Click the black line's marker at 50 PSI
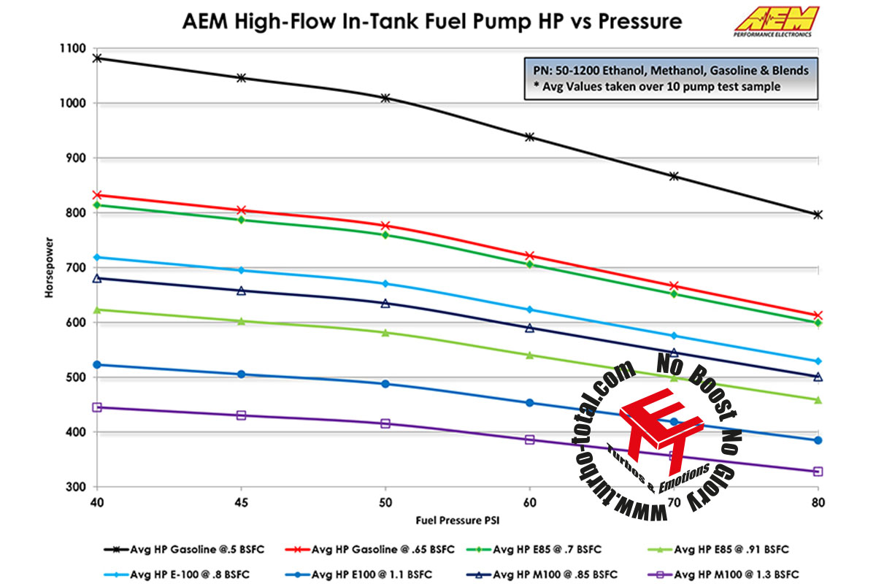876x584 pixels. tap(385, 98)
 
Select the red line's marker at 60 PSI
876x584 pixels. tap(530, 255)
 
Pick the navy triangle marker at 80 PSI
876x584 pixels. tap(818, 377)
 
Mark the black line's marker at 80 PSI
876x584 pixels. tap(818, 215)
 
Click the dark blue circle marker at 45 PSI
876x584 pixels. tap(241, 374)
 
